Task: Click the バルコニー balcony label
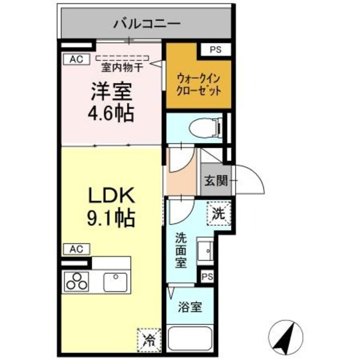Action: (x=146, y=24)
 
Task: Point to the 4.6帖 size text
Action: (x=111, y=114)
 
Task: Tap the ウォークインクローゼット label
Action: (x=198, y=84)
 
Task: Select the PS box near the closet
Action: (x=215, y=49)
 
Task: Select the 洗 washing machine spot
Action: (x=219, y=213)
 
